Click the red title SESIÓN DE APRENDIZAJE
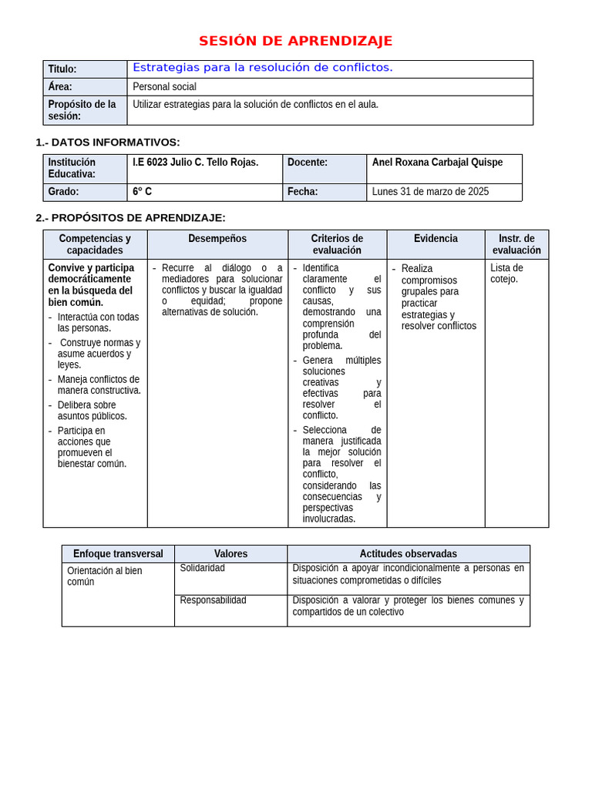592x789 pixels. click(295, 42)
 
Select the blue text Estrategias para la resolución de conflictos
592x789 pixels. click(263, 68)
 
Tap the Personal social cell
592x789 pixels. click(165, 87)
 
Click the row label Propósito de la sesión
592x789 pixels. click(82, 110)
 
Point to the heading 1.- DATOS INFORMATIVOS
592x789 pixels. click(108, 142)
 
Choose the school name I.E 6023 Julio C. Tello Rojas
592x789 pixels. click(196, 163)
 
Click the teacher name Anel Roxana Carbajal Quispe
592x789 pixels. click(437, 163)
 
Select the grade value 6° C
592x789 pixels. click(143, 192)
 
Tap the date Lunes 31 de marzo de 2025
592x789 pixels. click(430, 192)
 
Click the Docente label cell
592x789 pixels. click(308, 163)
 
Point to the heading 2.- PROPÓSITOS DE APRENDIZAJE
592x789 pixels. click(131, 218)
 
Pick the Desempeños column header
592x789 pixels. click(217, 239)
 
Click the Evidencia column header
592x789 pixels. click(436, 239)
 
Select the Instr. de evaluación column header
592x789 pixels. click(516, 244)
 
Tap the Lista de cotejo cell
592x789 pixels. click(506, 274)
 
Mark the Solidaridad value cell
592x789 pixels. click(203, 568)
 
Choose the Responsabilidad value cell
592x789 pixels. click(214, 600)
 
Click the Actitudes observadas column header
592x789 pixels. click(408, 554)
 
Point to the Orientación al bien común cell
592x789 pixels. click(105, 576)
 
